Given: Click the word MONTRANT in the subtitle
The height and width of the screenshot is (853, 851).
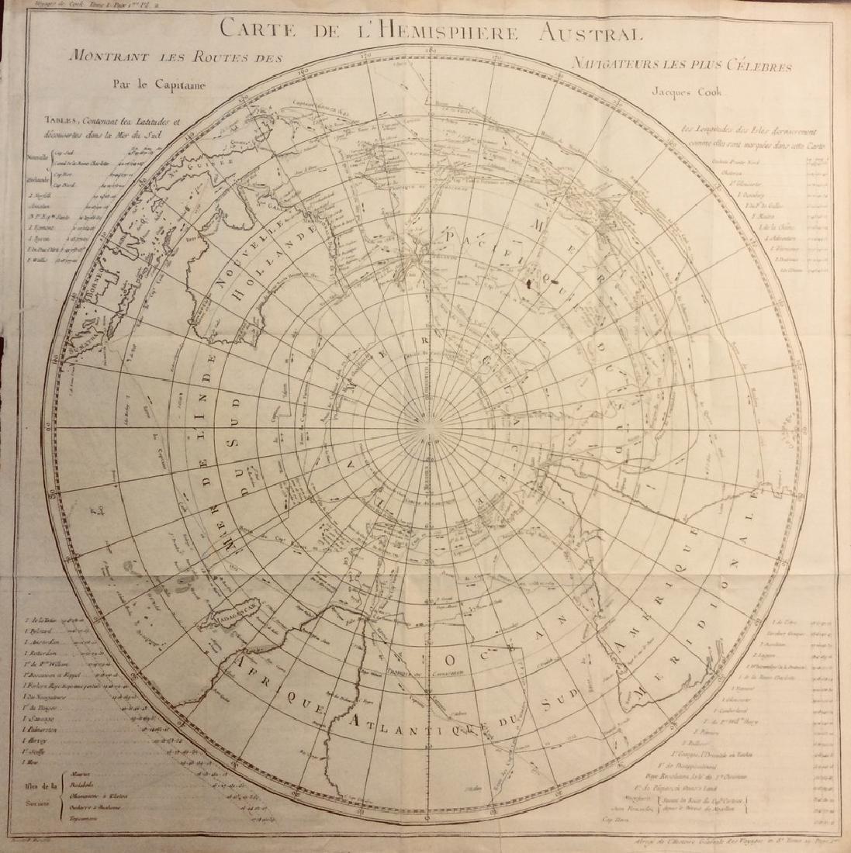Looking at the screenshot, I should pos(106,57).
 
